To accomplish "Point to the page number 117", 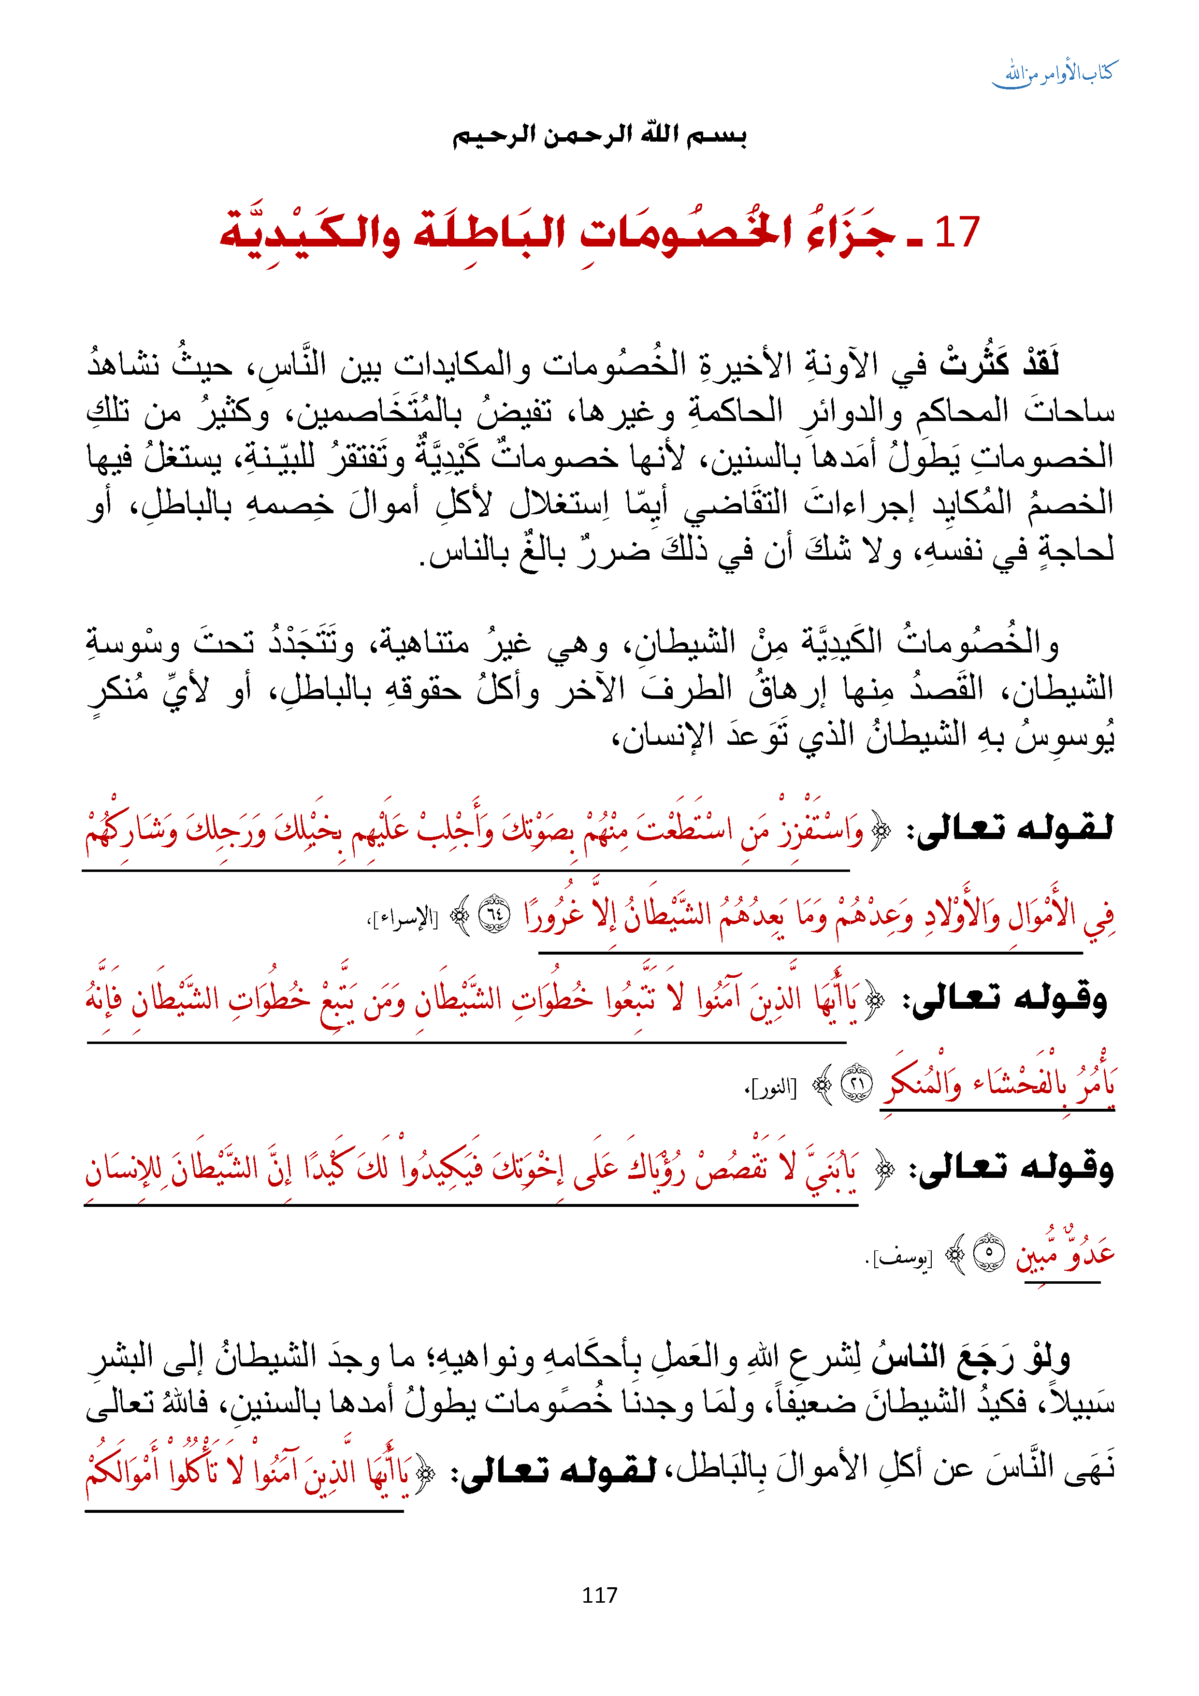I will point(599,1595).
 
